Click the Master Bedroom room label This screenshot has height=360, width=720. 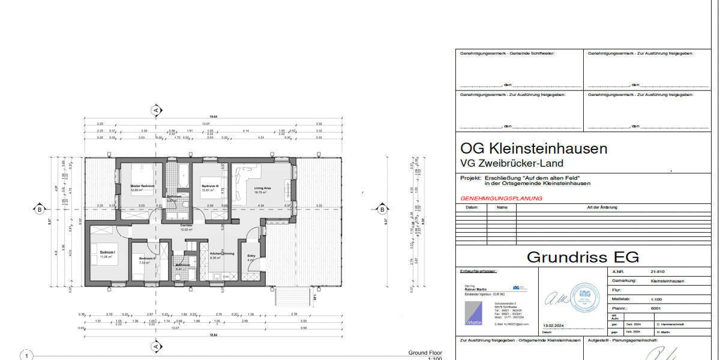click(x=142, y=186)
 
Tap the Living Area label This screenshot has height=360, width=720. click(x=263, y=188)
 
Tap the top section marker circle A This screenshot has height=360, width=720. click(x=156, y=110)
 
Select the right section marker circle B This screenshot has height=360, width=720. click(x=381, y=209)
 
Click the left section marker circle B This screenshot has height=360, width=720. click(x=40, y=209)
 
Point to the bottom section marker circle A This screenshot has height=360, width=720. click(x=156, y=346)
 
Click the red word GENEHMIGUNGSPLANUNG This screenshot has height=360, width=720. click(x=501, y=198)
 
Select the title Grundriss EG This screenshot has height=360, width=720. click(x=583, y=257)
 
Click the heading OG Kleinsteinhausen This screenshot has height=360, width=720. click(x=533, y=148)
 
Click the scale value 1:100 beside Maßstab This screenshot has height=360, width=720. click(x=657, y=298)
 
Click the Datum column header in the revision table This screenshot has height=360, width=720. click(x=471, y=208)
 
